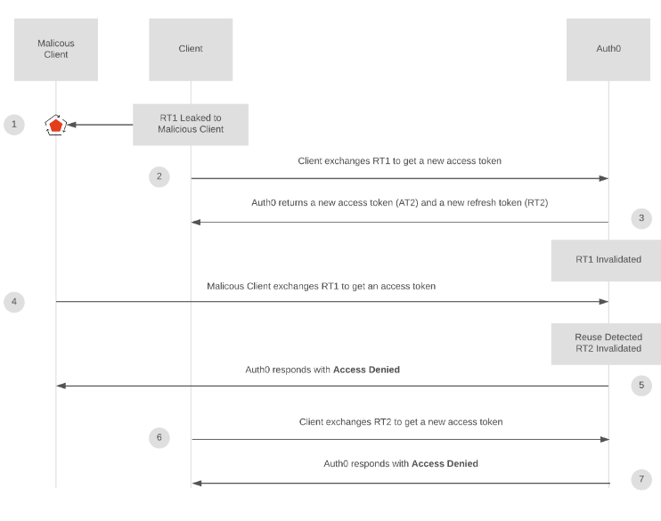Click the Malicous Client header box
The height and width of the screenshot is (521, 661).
coord(55,49)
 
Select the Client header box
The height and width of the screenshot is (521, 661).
coord(191,49)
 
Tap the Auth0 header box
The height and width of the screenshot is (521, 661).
coord(608,49)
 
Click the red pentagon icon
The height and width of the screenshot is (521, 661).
coord(56,125)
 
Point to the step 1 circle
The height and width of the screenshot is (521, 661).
coord(14,124)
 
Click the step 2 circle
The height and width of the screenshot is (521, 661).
coord(159,176)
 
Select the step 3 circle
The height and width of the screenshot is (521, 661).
coord(641,218)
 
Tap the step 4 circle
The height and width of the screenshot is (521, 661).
coord(14,302)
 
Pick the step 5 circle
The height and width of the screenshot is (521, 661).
coord(641,386)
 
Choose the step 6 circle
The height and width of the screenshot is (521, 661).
coord(159,437)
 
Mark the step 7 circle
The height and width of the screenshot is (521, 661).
coord(641,480)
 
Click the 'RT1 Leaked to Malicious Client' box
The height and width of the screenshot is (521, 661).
coord(191,124)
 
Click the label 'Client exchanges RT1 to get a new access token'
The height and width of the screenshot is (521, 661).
coord(400,161)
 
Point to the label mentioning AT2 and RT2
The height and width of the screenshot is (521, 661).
coord(400,203)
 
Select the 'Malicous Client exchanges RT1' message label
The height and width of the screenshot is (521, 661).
coord(321,286)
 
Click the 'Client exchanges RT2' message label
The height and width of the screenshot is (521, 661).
coord(401,421)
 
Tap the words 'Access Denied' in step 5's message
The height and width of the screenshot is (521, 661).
coord(366,369)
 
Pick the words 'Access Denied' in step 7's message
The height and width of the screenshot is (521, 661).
coord(445,463)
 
